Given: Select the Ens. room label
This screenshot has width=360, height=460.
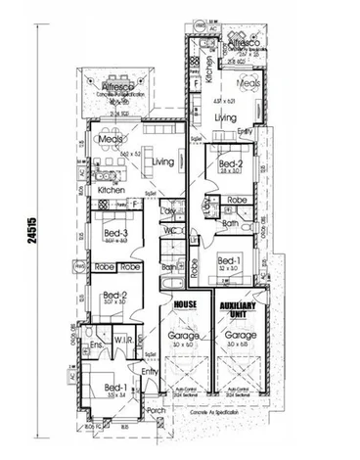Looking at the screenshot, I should pos(97,345).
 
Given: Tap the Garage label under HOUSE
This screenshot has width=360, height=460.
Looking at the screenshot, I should pos(184,336).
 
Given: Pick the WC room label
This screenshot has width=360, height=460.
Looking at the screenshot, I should pos(169,231).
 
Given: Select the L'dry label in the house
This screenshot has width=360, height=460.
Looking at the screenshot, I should pos(167,210).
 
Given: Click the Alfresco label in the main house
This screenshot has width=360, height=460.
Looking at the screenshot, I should pos(117,87).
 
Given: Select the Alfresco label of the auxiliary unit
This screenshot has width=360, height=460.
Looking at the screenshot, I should pos(243,44).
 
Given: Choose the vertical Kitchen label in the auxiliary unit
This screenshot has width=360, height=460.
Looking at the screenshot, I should pos(196,69).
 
